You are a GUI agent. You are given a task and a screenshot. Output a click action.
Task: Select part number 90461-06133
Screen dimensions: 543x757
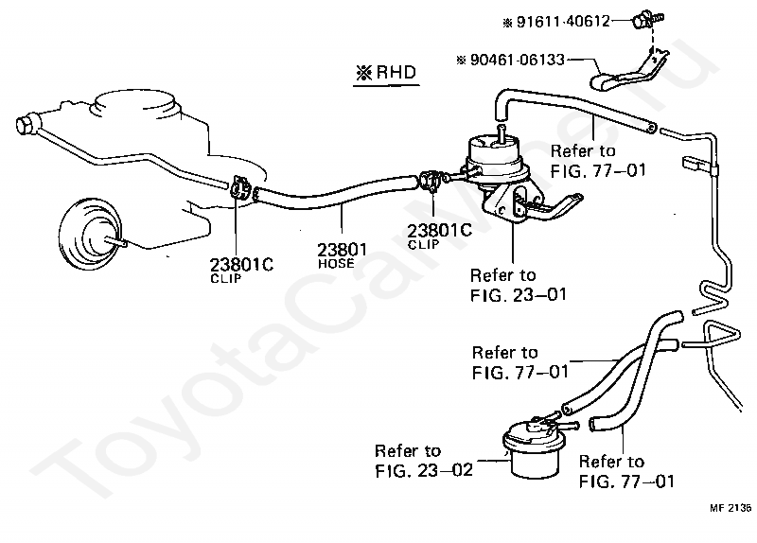517,59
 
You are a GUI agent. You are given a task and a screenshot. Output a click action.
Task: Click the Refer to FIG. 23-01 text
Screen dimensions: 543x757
518,285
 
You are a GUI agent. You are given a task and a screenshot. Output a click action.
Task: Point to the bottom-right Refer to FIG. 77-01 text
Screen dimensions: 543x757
625,471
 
